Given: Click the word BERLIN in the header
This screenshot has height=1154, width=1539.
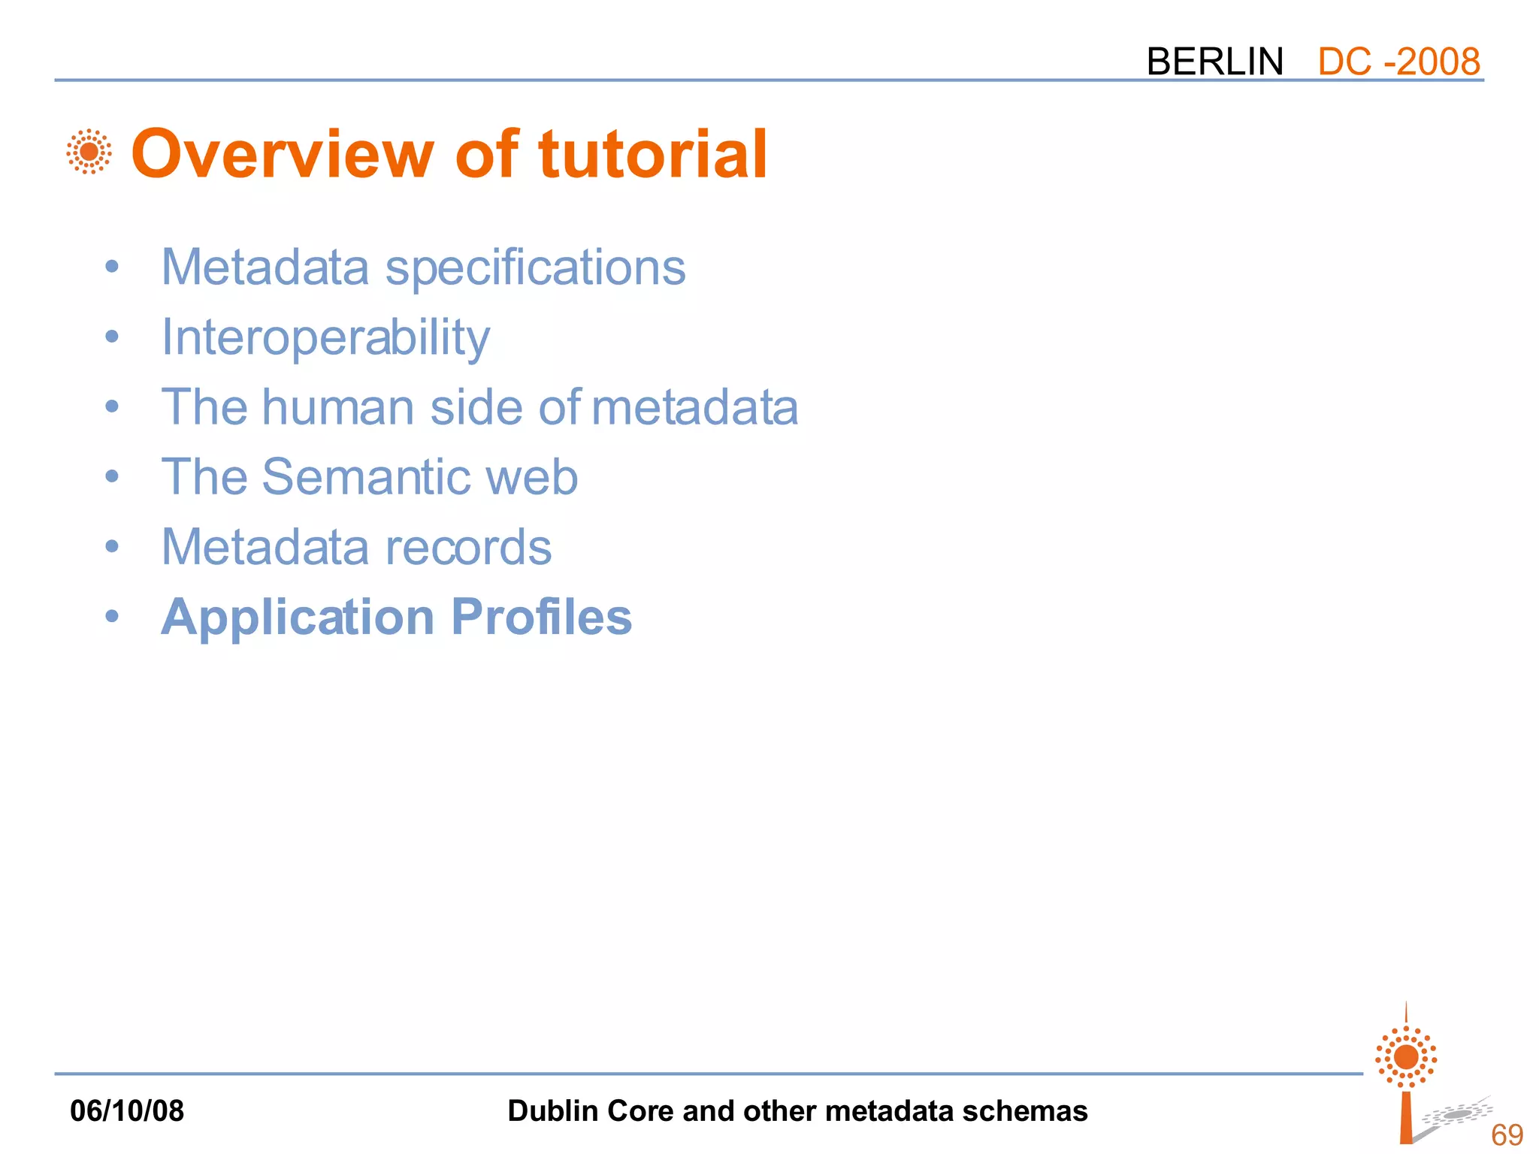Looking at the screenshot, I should point(1214,62).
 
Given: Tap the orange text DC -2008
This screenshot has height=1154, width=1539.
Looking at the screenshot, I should point(1398,62).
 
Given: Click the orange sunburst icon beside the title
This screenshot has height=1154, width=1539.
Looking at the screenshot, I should point(89,152).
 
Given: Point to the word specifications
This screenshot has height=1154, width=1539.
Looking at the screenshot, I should point(535,268).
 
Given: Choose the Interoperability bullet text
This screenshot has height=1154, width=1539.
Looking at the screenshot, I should point(325,337).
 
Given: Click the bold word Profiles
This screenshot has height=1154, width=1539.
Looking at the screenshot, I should point(541,617).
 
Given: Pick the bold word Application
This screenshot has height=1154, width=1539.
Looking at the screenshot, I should point(298,618).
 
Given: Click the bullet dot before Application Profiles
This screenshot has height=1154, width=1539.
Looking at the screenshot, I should point(112,617).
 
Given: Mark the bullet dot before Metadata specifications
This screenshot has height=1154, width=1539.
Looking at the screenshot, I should point(112,267).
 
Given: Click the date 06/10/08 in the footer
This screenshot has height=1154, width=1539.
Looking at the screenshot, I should point(127,1110).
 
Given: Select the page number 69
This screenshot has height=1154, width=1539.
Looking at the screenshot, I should point(1507,1134).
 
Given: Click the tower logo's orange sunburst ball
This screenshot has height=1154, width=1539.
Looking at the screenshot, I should point(1406,1057).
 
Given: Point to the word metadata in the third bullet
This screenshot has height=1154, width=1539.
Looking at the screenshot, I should point(694,407).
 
